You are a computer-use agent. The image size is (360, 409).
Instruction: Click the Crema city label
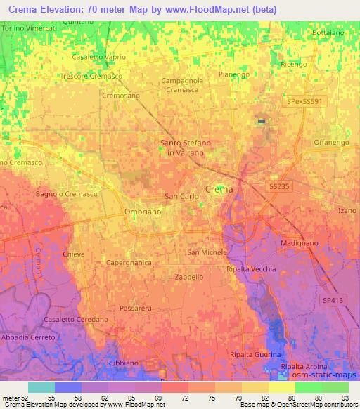pos(219,189)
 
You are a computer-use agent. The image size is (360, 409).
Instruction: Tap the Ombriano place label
pos(123,212)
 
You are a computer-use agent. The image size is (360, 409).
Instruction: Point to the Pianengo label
pos(234,74)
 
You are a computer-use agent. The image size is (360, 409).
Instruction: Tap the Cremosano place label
pos(121,96)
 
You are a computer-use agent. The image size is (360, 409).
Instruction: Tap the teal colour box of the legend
pos(41,387)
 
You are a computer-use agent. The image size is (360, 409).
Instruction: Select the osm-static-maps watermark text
pos(330,374)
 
